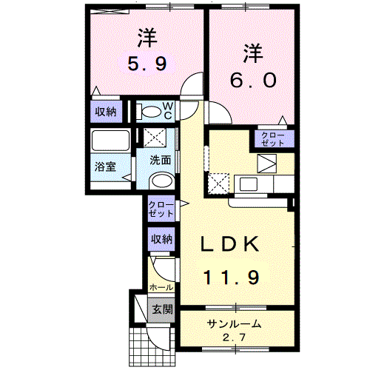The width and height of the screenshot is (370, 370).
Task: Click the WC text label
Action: click(168, 111)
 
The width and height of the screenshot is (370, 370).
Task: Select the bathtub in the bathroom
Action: click(110, 141)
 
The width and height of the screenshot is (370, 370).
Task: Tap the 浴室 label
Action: click(104, 168)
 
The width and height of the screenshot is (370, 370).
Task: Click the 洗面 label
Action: click(161, 160)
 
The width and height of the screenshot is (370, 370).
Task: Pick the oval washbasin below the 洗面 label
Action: click(160, 182)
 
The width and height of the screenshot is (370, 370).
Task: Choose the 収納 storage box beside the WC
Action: click(106, 112)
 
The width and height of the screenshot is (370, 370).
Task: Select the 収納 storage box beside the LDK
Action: click(162, 239)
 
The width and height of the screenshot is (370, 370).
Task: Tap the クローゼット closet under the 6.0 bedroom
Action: click(275, 138)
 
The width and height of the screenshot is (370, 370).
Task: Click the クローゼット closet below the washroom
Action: click(161, 208)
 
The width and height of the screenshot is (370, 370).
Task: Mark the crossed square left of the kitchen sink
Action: click(220, 182)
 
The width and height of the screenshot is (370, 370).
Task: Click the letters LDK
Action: click(231, 245)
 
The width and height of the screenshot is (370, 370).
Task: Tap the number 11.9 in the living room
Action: click(231, 278)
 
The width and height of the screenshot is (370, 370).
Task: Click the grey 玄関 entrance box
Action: click(161, 309)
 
